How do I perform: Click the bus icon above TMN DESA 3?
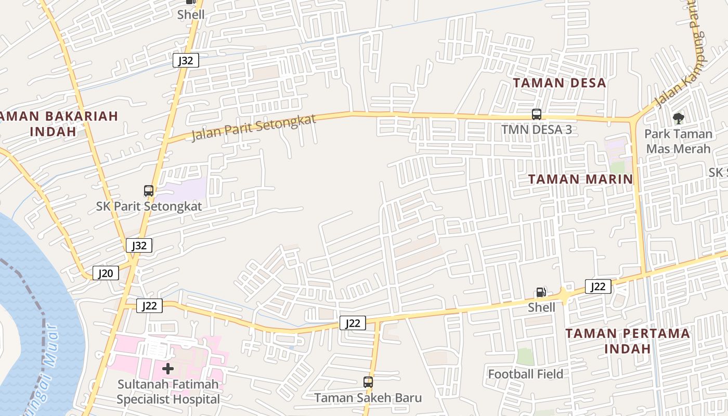point(537,114)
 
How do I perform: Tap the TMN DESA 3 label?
point(537,129)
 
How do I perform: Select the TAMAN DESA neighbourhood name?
point(560,83)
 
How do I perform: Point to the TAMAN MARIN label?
point(580,179)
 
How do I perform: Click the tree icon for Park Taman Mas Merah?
point(678,119)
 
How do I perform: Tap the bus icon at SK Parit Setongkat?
point(149,191)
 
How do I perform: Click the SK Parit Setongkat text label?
point(149,206)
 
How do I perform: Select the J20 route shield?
point(106,273)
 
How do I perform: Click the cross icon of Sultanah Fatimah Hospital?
point(167,369)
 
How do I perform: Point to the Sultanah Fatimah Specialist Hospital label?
point(168,392)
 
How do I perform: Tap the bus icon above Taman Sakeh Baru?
point(368,382)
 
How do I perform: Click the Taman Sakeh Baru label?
point(368,398)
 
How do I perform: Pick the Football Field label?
point(525,374)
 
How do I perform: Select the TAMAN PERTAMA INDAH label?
point(627,341)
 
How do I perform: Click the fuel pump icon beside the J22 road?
point(541,292)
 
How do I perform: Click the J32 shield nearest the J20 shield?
point(139,245)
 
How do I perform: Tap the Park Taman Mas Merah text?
point(678,141)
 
